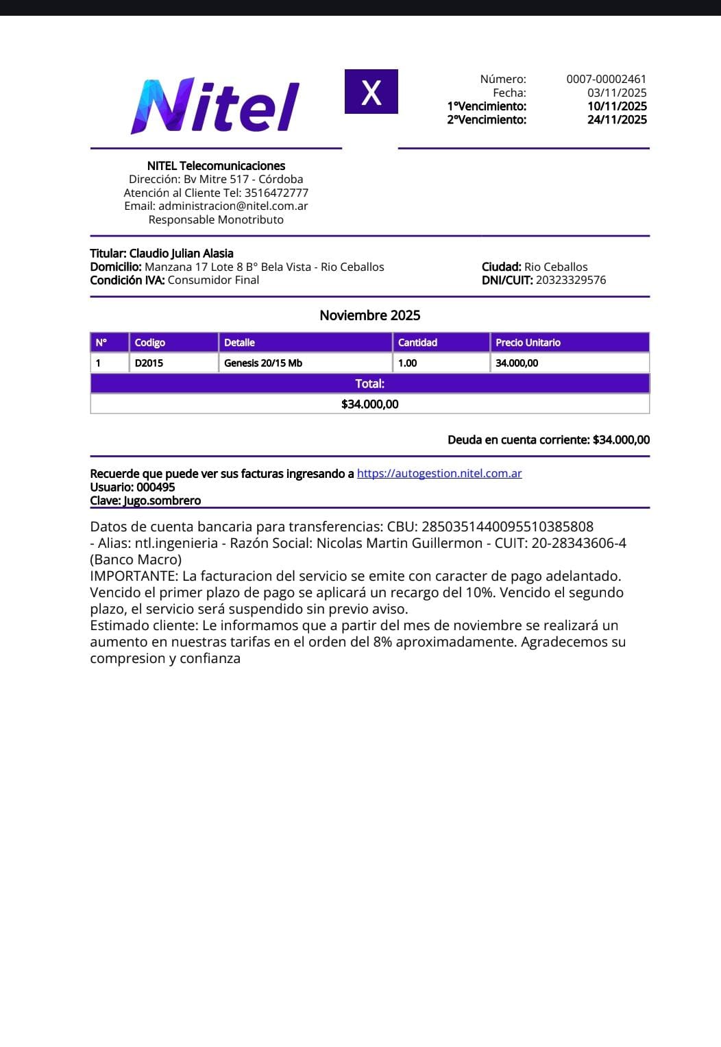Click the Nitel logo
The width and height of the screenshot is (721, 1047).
tap(215, 106)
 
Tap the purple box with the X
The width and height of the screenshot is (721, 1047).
tap(371, 92)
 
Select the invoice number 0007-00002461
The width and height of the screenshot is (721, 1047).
tap(606, 80)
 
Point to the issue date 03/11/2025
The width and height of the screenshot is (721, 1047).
tap(616, 93)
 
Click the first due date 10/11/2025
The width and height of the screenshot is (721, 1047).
tap(616, 106)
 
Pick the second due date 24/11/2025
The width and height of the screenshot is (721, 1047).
tap(616, 120)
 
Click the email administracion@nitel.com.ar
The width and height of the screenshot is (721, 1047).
tap(233, 206)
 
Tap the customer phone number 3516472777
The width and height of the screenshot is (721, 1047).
tap(276, 193)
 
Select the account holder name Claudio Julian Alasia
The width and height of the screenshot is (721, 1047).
tap(181, 254)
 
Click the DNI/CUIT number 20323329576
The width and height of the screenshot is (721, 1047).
tap(570, 280)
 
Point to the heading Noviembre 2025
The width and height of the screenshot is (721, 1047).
tap(369, 315)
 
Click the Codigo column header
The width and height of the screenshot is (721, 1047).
tap(150, 343)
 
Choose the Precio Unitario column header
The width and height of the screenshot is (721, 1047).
tap(528, 343)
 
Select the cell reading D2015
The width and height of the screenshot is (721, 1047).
tap(149, 363)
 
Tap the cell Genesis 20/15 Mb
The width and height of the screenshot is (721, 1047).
tap(263, 363)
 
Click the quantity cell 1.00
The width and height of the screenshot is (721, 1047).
tap(408, 363)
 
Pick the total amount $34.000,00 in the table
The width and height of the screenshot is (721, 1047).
tap(369, 405)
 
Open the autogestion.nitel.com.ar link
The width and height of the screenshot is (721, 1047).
tap(439, 474)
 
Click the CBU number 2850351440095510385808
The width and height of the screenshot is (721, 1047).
tap(507, 527)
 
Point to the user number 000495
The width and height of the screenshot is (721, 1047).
tap(156, 488)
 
